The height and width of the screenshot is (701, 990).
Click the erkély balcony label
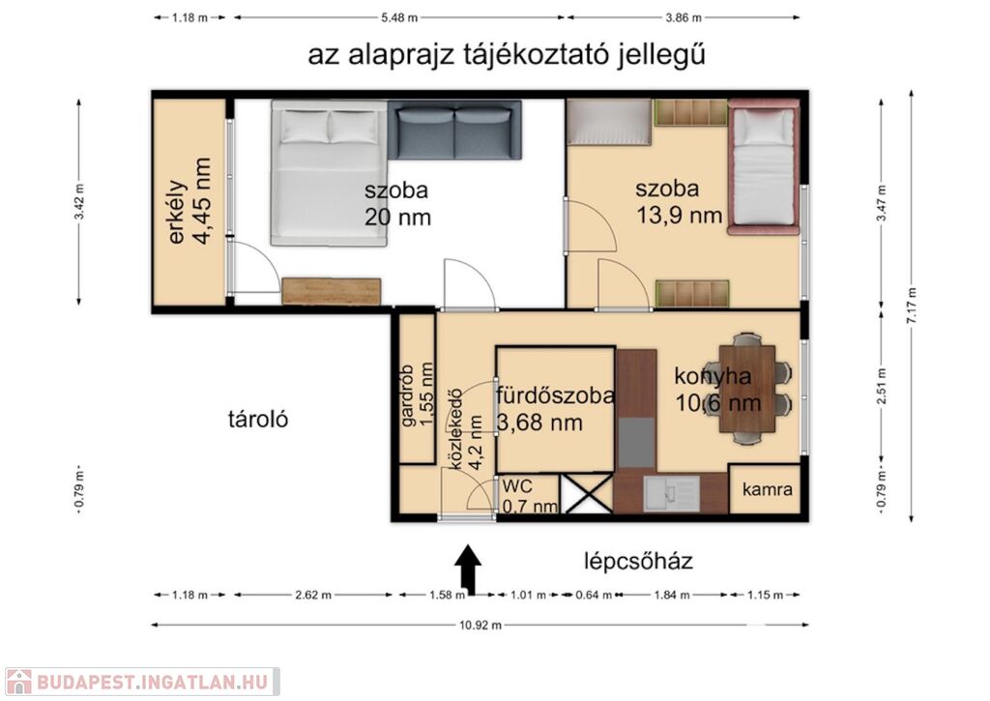(x=178, y=212)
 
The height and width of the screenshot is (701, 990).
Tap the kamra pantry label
(x=767, y=489)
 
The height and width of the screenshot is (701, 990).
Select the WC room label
(x=517, y=486)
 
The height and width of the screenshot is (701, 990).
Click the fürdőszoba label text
(x=555, y=396)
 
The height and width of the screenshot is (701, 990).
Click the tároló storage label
(x=258, y=419)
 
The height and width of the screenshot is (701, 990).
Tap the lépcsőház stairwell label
(x=638, y=561)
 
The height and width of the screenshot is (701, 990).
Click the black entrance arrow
(x=468, y=570)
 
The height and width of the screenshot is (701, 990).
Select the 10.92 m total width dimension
(x=480, y=626)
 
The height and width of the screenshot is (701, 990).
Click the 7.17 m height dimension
(x=911, y=306)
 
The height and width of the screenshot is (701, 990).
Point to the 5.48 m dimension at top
(x=399, y=17)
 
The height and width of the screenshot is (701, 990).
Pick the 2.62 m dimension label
(x=312, y=595)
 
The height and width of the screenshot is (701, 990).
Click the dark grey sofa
(x=454, y=130)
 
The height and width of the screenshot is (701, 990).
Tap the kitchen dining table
(x=747, y=390)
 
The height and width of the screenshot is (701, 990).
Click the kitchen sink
(x=671, y=493)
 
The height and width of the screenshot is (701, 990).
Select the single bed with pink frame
(x=764, y=166)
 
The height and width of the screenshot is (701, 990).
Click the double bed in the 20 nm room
(x=329, y=173)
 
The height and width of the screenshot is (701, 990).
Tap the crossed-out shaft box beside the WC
(x=587, y=493)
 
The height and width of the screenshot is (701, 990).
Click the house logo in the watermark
(x=19, y=682)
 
